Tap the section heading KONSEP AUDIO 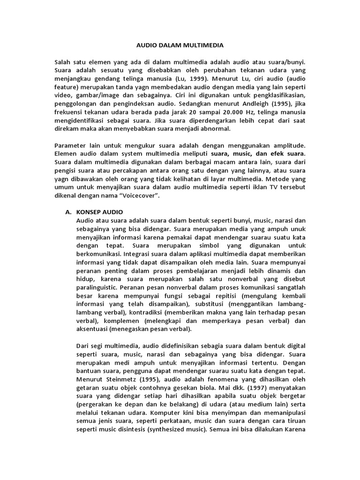point(98,212)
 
